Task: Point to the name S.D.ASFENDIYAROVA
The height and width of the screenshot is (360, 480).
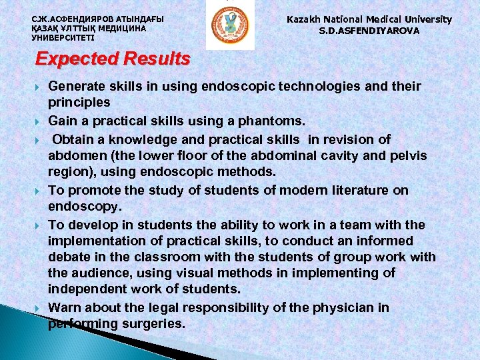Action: [x=369, y=31]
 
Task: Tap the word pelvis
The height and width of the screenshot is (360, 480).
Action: [x=409, y=155]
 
